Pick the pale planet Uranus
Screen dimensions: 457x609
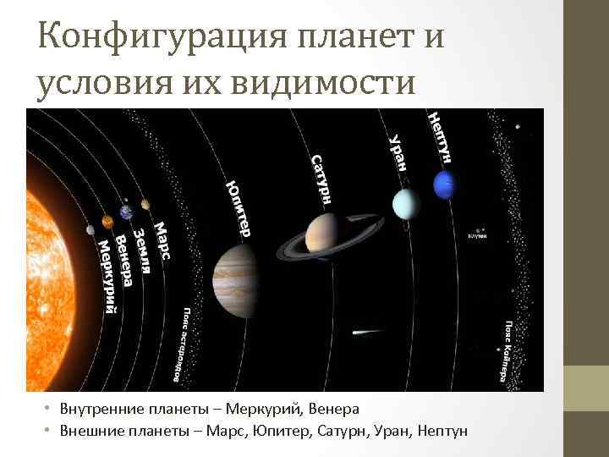coord(406,203)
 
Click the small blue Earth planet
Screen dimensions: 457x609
coord(127,212)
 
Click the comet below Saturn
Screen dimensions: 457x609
coord(362,331)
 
